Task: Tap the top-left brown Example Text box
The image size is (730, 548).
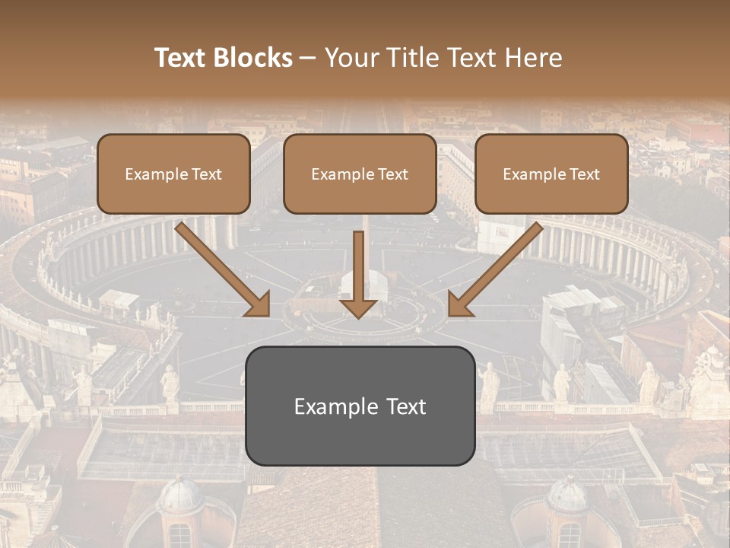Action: (x=173, y=174)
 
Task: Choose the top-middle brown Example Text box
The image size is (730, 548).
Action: (x=360, y=174)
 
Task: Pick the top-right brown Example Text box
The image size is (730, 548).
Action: (x=551, y=174)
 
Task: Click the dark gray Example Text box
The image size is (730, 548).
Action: (x=360, y=406)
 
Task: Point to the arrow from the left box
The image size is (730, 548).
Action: (x=224, y=270)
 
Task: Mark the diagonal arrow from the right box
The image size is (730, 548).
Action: (x=495, y=270)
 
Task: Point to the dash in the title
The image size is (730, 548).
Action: (x=308, y=58)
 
